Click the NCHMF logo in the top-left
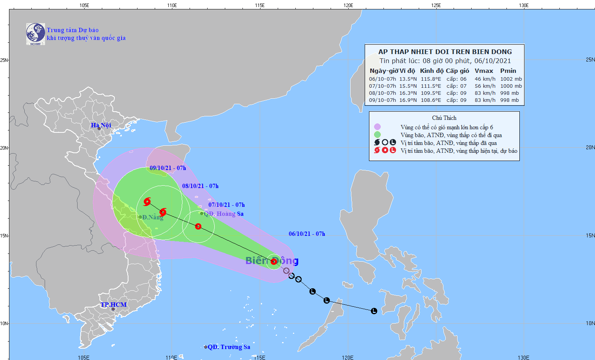[x=35, y=34]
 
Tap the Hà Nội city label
[x=101, y=125]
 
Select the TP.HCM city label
[x=114, y=304]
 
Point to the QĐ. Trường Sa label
[x=229, y=347]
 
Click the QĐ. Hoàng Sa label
[x=224, y=213]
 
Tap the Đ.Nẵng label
[x=152, y=217]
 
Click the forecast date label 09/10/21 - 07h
[x=168, y=168]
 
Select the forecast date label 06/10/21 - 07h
[x=307, y=233]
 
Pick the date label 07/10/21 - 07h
[x=226, y=204]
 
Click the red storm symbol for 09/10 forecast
[x=147, y=202]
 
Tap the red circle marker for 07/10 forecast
[x=198, y=226]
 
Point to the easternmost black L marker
[x=374, y=311]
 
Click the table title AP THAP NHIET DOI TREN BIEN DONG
[x=445, y=52]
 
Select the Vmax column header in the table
[x=484, y=71]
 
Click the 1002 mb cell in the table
[x=511, y=79]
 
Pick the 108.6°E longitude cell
[x=431, y=100]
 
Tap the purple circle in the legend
[x=377, y=127]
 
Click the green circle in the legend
[x=377, y=135]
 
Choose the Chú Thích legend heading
[x=444, y=118]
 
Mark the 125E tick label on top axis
[x=436, y=5]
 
